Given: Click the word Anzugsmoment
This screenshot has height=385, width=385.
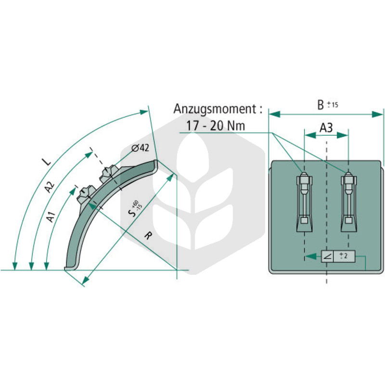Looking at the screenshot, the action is click(215, 109).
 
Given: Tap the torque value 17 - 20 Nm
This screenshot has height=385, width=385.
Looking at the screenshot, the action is click(216, 126).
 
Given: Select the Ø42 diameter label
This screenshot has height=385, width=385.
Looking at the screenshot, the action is click(140, 148).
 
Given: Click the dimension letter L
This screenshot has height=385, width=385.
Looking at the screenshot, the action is click(47, 161).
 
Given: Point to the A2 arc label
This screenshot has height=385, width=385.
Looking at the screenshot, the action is click(50, 187).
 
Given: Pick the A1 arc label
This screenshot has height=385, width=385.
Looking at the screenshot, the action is click(51, 217).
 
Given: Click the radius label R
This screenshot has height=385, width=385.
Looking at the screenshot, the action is click(148, 236).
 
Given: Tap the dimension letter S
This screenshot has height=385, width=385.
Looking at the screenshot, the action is click(132, 213).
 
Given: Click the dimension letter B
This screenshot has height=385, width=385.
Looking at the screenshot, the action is click(321, 105).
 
